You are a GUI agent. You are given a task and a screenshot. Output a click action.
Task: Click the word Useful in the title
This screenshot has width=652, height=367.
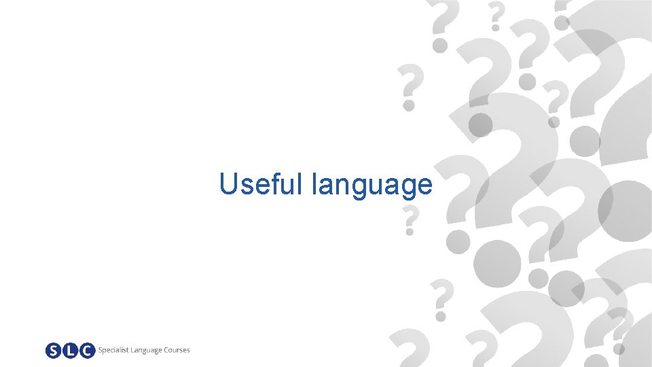coord(262,183)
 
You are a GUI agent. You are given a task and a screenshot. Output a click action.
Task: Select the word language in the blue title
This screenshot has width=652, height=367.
coord(372,185)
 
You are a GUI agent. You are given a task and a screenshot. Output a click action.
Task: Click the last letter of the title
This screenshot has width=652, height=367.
coord(424,186)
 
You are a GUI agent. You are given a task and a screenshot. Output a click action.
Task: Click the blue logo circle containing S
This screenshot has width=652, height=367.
coord(54,351)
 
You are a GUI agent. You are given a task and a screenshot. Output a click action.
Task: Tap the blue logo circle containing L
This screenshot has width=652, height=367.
coord(70,351)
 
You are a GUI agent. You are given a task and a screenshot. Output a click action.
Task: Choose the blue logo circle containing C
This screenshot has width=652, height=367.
coord(86,351)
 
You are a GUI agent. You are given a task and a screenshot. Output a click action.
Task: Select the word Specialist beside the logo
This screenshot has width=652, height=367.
coord(115,351)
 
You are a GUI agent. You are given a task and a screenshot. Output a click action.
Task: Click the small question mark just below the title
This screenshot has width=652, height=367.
coord(410,219)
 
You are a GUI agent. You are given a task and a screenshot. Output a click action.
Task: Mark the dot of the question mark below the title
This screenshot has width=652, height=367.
coord(410,232)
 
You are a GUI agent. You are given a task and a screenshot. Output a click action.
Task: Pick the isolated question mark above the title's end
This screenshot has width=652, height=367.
coord(408,84)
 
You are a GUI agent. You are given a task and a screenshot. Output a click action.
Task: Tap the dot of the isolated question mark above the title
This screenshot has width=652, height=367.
coord(409,105)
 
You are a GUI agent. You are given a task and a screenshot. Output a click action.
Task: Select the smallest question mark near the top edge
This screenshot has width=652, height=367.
coord(496,15)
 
